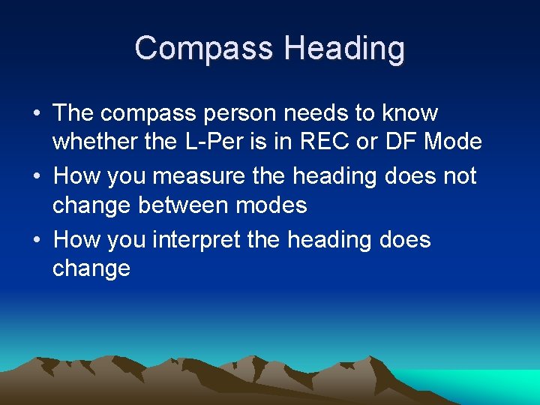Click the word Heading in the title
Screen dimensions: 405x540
point(344,49)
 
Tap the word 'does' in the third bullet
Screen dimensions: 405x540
point(405,241)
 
